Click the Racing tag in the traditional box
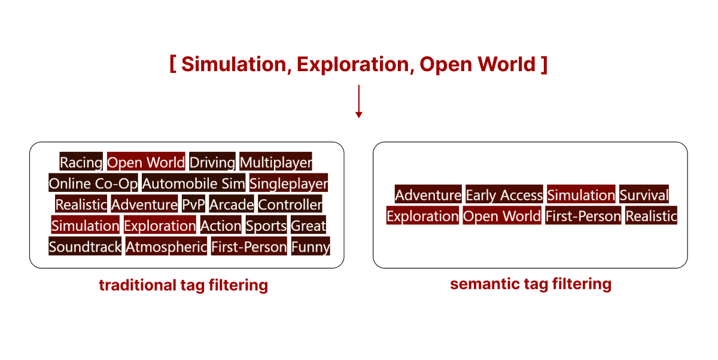(x=81, y=162)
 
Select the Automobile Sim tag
(x=193, y=183)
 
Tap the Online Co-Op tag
(x=93, y=183)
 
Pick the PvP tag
(x=193, y=205)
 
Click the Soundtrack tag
(x=85, y=246)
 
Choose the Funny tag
(x=311, y=246)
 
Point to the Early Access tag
(x=504, y=195)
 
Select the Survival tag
(x=644, y=195)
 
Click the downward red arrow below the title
(x=358, y=102)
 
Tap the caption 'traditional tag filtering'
(x=183, y=285)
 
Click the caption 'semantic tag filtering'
(x=530, y=283)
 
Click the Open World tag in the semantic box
(x=502, y=216)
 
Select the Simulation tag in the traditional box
(x=85, y=225)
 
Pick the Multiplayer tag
(x=276, y=162)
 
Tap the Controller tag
(x=290, y=205)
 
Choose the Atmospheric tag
(x=166, y=246)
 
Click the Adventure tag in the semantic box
(x=428, y=195)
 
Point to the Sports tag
(x=266, y=225)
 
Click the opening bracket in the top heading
(x=173, y=63)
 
